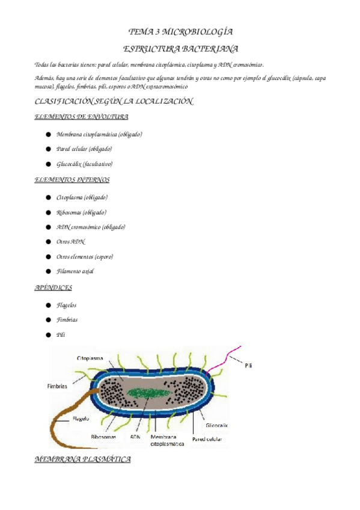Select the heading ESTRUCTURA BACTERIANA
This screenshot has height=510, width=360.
[181, 48]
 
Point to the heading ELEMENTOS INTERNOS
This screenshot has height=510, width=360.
[72, 180]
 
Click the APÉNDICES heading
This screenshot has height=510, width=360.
[55, 288]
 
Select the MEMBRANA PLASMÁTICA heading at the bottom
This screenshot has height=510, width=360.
[83, 459]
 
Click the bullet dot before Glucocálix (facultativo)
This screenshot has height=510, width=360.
[48, 164]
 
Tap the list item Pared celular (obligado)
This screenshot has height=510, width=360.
[84, 149]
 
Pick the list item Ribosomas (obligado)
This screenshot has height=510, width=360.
[81, 212]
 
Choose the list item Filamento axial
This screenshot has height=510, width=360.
[75, 271]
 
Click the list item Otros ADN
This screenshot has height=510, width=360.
[70, 242]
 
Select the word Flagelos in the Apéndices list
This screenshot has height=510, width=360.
[66, 306]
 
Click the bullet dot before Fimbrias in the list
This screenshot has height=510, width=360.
[48, 320]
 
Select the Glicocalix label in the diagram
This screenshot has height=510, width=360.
[218, 424]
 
